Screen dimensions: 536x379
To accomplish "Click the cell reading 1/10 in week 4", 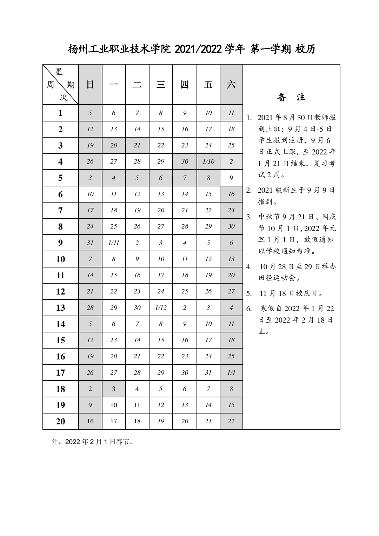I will point(208,161).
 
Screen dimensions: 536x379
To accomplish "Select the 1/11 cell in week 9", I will point(114,243).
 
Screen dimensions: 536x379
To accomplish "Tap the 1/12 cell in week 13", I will point(161,308).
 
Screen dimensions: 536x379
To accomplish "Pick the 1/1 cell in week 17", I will point(231,373).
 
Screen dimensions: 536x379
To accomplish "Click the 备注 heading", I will point(291,97).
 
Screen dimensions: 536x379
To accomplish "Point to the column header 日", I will point(90,85).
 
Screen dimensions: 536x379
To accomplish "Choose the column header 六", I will point(231,85).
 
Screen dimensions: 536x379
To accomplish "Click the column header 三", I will point(161,85).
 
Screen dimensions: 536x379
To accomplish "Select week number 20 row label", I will point(60,421).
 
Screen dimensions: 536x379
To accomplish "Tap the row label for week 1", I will point(60,113).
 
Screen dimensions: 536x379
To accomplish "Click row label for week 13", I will point(60,308).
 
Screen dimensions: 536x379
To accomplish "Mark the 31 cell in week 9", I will point(90,243).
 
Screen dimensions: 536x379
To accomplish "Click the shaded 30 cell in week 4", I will point(185,161).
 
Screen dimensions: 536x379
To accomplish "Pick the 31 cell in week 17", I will point(208,373).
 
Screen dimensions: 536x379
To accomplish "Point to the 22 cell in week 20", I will point(231,421).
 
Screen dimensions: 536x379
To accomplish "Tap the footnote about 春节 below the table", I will point(93,442).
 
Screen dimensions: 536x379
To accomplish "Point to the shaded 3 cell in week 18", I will point(114,389).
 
